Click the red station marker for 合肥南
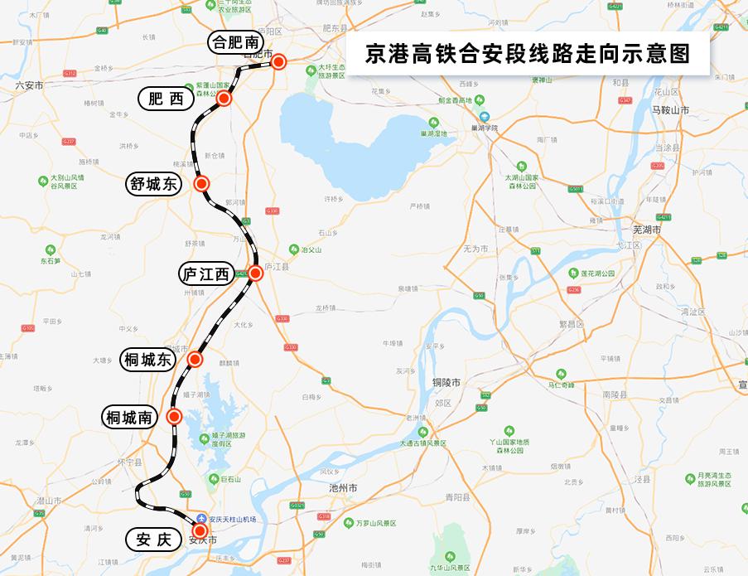(279, 61)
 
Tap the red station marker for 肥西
(224, 99)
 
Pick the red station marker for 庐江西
(255, 272)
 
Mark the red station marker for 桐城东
(195, 359)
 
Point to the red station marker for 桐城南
(174, 417)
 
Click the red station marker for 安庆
(200, 530)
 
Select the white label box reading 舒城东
(153, 184)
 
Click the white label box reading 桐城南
(129, 418)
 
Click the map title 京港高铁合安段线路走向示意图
(528, 54)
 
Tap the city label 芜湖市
(647, 230)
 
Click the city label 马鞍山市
(671, 110)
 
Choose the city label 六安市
(29, 85)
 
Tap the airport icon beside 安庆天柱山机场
(203, 518)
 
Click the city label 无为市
(475, 249)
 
